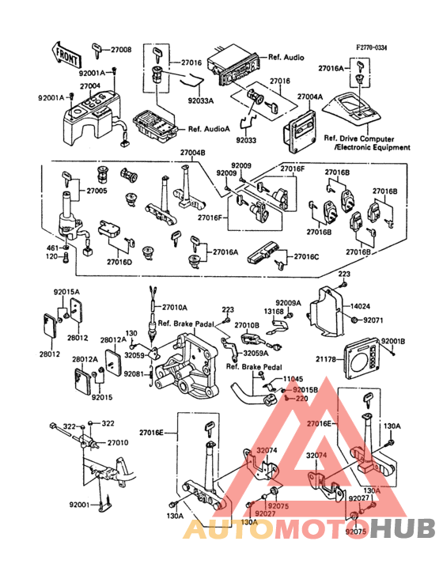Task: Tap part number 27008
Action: (x=121, y=49)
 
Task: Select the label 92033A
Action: (x=200, y=101)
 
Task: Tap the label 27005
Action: (x=97, y=191)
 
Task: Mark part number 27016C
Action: (x=307, y=257)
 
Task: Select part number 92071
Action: (x=373, y=320)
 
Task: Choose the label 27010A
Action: (x=175, y=307)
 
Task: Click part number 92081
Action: (x=134, y=374)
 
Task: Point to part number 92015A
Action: (x=66, y=291)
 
